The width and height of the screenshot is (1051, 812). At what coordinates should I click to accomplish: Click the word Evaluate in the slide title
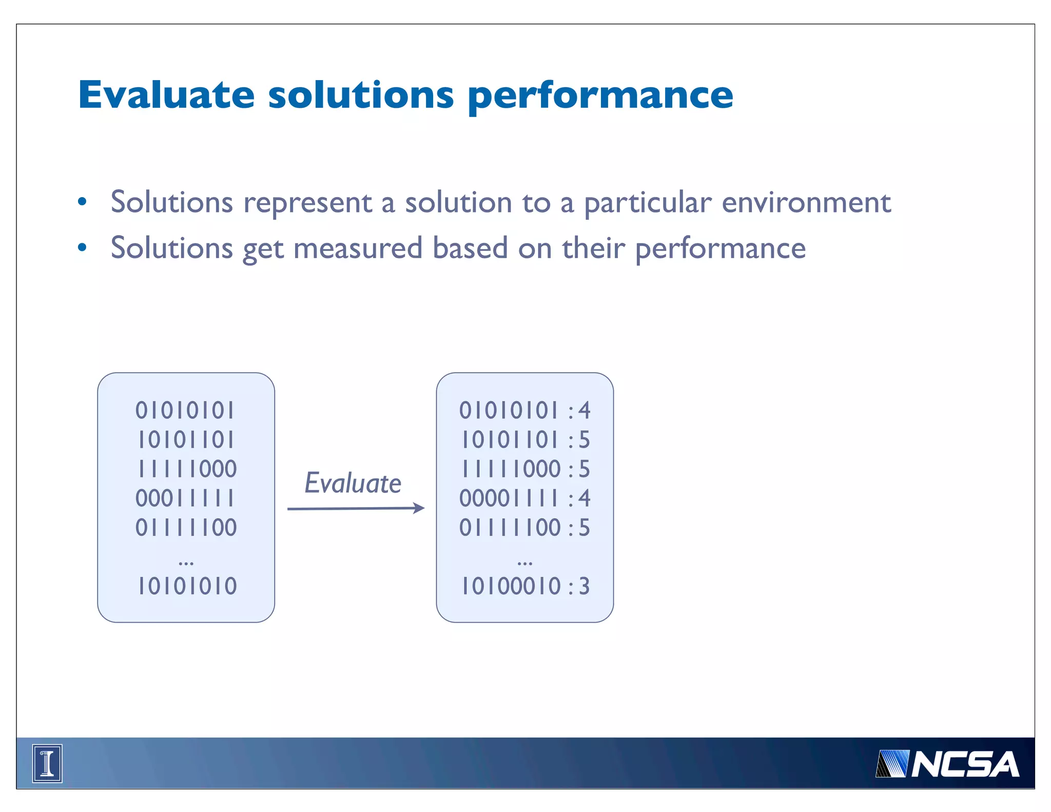click(166, 95)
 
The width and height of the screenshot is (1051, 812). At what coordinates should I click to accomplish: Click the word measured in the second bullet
click(358, 248)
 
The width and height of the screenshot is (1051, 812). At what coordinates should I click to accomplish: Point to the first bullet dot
click(82, 202)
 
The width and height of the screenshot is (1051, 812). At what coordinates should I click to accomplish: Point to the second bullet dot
click(82, 248)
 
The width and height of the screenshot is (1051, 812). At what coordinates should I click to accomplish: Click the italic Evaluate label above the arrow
click(353, 484)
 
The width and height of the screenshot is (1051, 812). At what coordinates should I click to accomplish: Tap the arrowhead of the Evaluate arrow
click(419, 508)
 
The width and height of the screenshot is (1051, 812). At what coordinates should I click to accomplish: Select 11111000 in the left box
click(187, 469)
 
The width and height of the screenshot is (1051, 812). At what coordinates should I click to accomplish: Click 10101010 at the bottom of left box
click(187, 586)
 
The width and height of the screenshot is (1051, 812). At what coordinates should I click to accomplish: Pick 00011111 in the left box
click(185, 498)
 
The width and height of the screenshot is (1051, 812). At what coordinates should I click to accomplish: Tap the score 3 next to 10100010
click(584, 586)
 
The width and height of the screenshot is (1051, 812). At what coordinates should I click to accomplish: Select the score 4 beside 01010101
click(584, 411)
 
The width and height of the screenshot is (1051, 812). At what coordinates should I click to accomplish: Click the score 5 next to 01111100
click(584, 528)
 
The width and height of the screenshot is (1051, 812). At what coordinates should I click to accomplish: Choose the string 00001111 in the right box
click(509, 498)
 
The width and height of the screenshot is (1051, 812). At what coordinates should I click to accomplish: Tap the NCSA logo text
click(965, 765)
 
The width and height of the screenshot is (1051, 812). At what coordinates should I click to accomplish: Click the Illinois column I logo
click(47, 763)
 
